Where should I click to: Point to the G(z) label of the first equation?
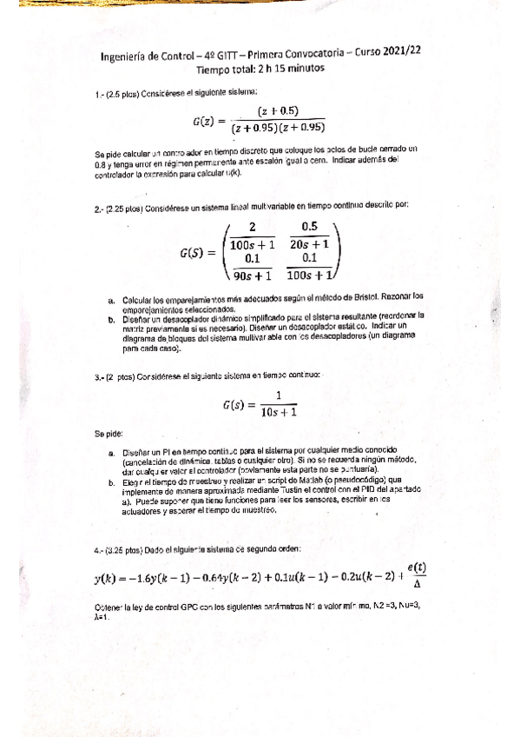(209, 119)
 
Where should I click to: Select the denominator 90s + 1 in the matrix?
(249, 276)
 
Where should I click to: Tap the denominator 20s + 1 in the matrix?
(308, 245)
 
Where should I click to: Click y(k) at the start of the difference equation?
(108, 580)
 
